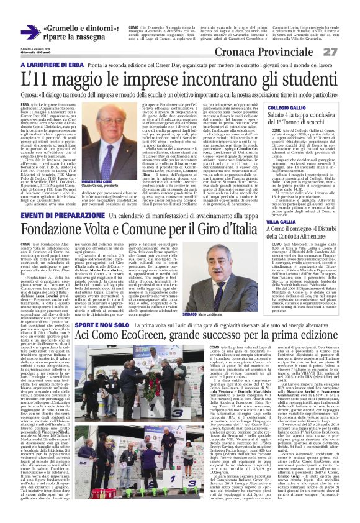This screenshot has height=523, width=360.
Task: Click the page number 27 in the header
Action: [347, 51]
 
